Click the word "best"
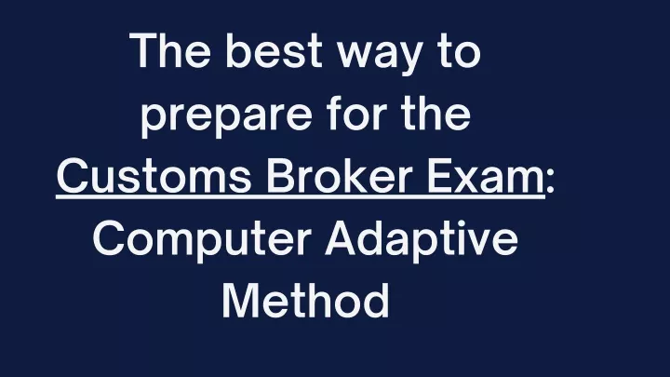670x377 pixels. click(273, 50)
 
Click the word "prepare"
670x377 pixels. click(226, 118)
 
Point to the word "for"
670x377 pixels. click(357, 113)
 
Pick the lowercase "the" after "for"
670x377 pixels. click(436, 113)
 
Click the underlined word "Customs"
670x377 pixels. click(154, 176)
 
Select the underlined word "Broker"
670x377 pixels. click(340, 174)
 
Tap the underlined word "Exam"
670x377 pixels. click(487, 176)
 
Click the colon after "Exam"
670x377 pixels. click(550, 182)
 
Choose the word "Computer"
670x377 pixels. click(202, 241)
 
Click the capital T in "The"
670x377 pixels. click(147, 50)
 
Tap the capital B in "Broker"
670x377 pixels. click(282, 176)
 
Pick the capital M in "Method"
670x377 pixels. click(240, 301)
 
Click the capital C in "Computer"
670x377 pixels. click(109, 238)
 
